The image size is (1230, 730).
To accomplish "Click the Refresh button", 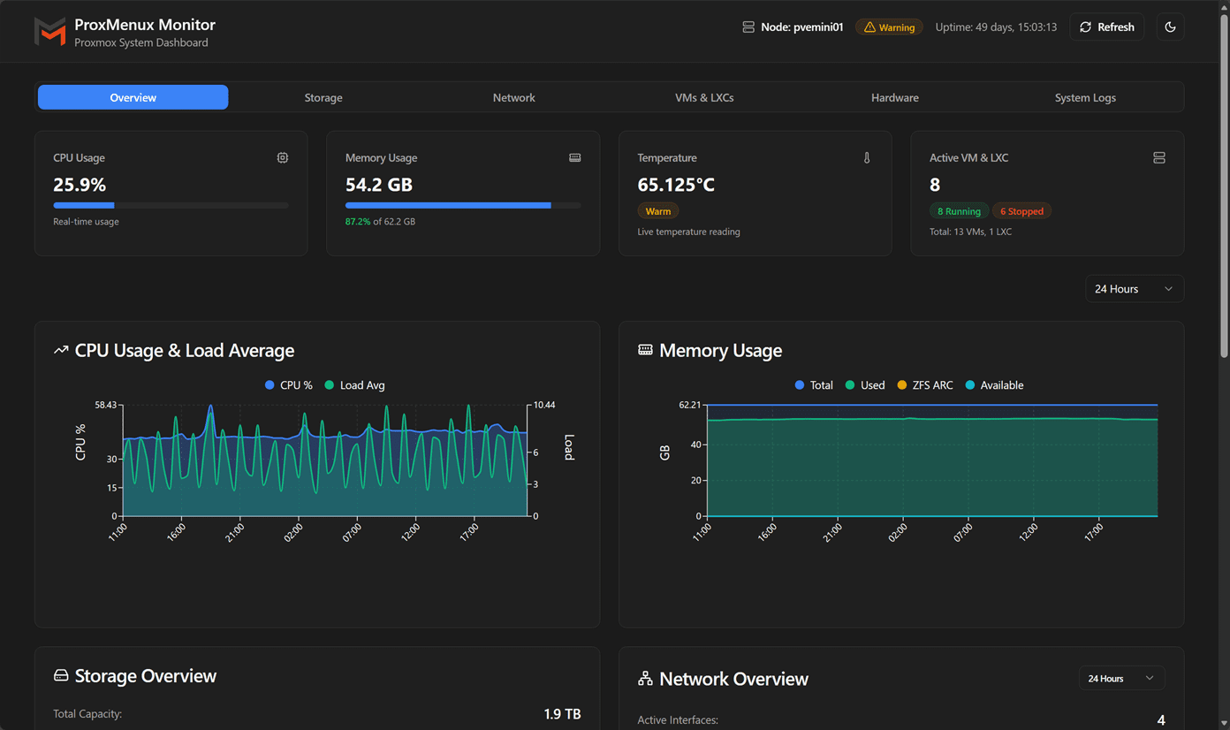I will tap(1106, 27).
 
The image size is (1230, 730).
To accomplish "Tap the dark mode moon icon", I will tap(1170, 27).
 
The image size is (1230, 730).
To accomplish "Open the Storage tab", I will tap(323, 97).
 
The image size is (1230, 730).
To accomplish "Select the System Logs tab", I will tap(1084, 97).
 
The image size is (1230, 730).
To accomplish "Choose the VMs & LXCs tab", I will tap(704, 97).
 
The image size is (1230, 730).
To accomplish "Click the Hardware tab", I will tap(894, 97).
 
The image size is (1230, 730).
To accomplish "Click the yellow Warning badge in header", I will tap(889, 27).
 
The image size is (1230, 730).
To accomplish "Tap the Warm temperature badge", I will tap(657, 211).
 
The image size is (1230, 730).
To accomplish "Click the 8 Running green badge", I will tap(959, 211).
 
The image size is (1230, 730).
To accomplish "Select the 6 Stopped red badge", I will tap(1021, 211).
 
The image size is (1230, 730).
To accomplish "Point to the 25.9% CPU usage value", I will tap(80, 185).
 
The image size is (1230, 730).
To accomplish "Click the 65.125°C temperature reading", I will tap(676, 185).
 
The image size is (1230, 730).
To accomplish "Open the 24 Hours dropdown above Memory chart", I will tap(1134, 289).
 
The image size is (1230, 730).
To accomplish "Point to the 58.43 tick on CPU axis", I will tap(105, 405).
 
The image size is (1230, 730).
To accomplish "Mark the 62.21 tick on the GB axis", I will tap(689, 405).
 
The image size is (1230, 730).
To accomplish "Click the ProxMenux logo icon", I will tap(49, 32).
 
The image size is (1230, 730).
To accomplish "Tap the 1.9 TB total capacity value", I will tap(562, 714).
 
